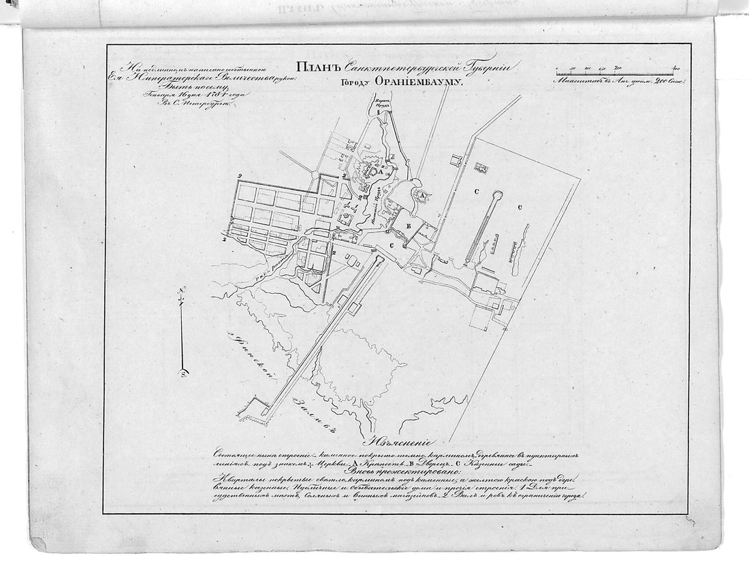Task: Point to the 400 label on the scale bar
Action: click(x=676, y=67)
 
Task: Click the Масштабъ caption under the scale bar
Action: click(x=576, y=80)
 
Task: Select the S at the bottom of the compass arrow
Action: click(x=182, y=371)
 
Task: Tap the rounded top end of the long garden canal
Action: click(x=498, y=194)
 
